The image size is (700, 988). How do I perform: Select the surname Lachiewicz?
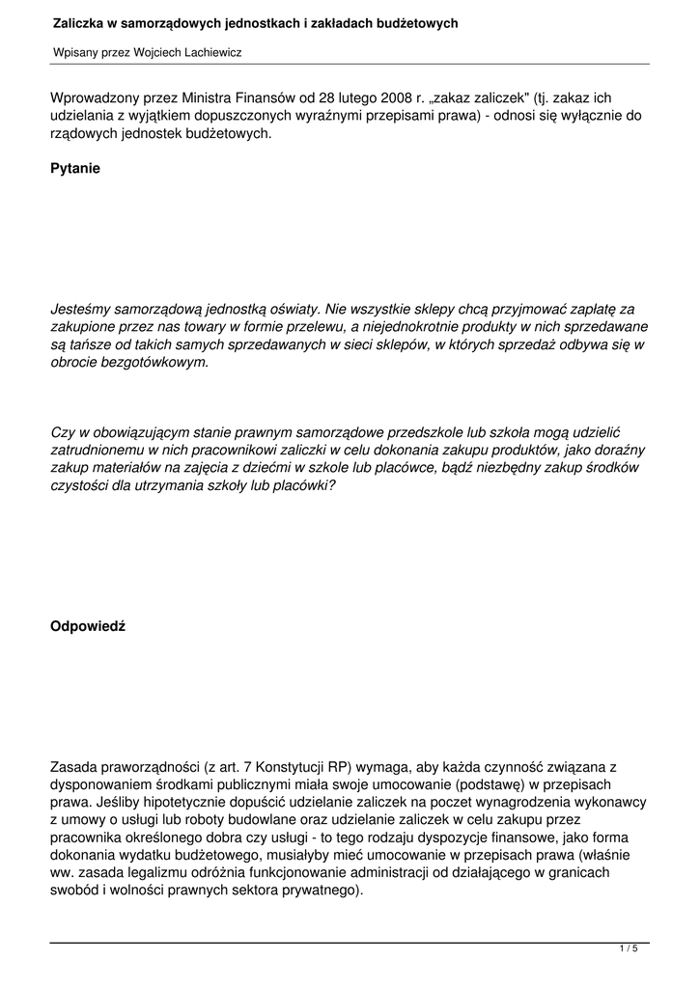(x=207, y=52)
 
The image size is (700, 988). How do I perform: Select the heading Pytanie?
(x=74, y=168)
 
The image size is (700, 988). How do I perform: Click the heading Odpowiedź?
(x=87, y=626)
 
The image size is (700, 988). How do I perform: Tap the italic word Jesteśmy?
(x=80, y=311)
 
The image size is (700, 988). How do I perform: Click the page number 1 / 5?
(x=628, y=949)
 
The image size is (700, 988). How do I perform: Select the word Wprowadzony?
(x=93, y=98)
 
